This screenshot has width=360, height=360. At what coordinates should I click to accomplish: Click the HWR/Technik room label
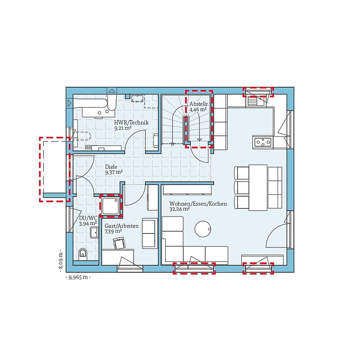(131, 122)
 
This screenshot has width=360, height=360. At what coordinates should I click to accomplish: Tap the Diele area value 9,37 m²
(114, 172)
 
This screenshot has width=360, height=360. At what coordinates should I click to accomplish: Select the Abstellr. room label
(199, 104)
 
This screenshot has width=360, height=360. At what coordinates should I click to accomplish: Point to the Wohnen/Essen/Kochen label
(198, 204)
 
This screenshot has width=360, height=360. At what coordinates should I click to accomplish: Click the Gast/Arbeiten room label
(121, 226)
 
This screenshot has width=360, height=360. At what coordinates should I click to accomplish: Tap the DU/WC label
(88, 218)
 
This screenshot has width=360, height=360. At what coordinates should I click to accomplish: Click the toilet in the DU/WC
(83, 254)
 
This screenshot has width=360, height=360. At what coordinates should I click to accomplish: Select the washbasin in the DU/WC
(94, 233)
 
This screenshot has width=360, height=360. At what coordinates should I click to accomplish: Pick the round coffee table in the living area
(203, 229)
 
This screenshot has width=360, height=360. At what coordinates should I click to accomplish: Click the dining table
(258, 188)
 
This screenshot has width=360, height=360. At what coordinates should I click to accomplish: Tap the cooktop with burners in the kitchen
(262, 142)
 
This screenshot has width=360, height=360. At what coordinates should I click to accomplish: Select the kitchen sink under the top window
(257, 102)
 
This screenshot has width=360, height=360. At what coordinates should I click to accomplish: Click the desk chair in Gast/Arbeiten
(119, 243)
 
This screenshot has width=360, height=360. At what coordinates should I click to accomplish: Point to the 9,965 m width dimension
(78, 277)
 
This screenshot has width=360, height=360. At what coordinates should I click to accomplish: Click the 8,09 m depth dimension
(61, 261)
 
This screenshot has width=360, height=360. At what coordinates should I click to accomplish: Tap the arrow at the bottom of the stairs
(199, 140)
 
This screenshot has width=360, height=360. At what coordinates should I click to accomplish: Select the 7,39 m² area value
(113, 231)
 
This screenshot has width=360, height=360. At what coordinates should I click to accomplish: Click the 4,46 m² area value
(198, 109)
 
